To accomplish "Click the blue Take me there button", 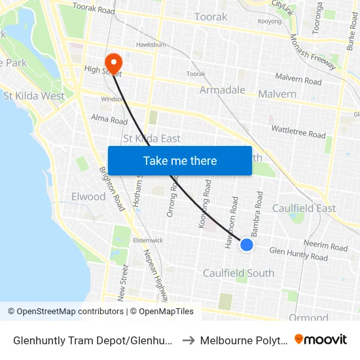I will pyautogui.click(x=180, y=160).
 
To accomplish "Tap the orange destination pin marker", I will pyautogui.click(x=114, y=63).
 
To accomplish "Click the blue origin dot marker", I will pyautogui.click(x=247, y=244).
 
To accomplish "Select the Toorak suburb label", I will pyautogui.click(x=211, y=16).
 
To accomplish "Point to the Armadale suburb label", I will pyautogui.click(x=223, y=90).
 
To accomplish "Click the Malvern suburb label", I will pyautogui.click(x=277, y=94).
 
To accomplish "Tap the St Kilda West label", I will pyautogui.click(x=34, y=96).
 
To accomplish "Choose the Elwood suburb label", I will pyautogui.click(x=88, y=196).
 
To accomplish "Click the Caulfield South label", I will pyautogui.click(x=238, y=273).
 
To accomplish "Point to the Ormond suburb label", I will pyautogui.click(x=308, y=317).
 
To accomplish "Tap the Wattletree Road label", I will pyautogui.click(x=298, y=131).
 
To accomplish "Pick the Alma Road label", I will pyautogui.click(x=109, y=120).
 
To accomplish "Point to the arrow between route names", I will pyautogui.click(x=187, y=340).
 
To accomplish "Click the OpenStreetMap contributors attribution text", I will pyautogui.click(x=65, y=312).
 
